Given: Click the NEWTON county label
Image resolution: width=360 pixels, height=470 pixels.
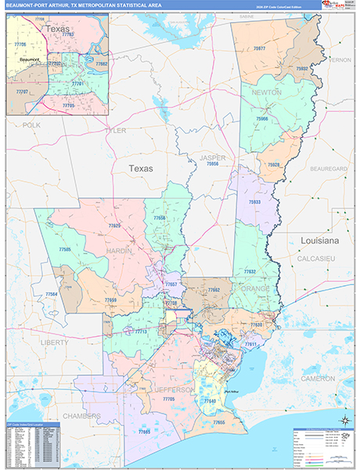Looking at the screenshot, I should [267, 92].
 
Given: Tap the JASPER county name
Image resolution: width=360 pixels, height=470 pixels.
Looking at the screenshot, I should [212, 157].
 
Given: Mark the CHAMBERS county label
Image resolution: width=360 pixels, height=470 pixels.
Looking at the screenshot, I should [82, 416].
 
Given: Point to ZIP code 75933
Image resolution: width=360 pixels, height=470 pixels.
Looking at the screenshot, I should [255, 202].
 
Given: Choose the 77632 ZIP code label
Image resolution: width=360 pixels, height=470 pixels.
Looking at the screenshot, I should [250, 271].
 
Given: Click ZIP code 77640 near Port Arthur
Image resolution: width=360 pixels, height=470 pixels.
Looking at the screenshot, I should [209, 400].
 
